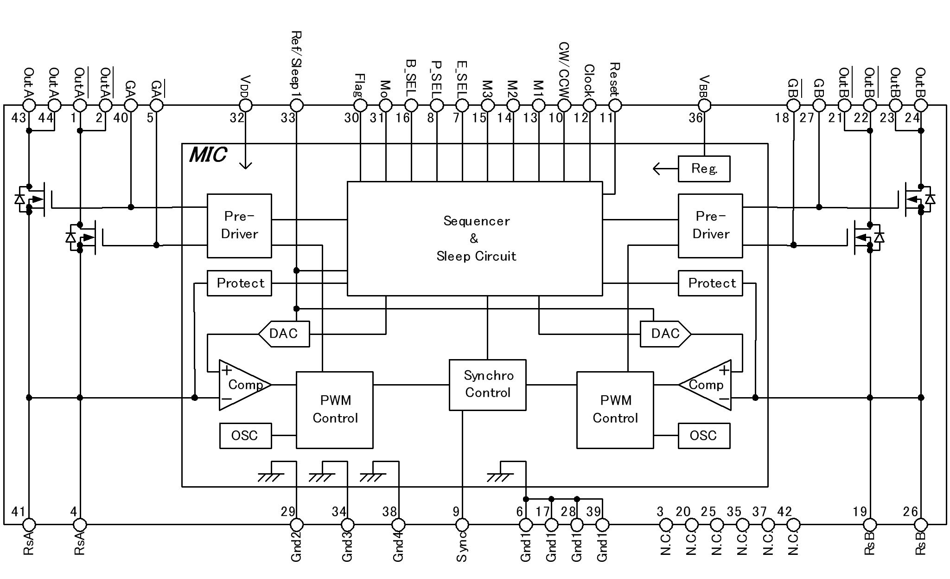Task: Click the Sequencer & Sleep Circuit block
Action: (x=475, y=238)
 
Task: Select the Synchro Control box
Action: (x=487, y=385)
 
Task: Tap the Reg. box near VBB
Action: (x=704, y=168)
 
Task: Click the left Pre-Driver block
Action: (x=239, y=225)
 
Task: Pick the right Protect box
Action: (x=710, y=283)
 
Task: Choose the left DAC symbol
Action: (x=284, y=334)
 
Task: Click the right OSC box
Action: (x=704, y=436)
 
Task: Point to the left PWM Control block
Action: (x=335, y=410)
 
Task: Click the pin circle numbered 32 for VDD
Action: (x=246, y=105)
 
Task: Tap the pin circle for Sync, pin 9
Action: (x=462, y=525)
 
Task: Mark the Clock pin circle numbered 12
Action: (x=589, y=105)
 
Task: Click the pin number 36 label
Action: (x=695, y=118)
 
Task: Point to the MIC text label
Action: (x=208, y=154)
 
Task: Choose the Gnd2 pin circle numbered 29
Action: (x=297, y=525)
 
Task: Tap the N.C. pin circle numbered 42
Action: (x=793, y=525)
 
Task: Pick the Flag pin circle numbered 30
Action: (x=360, y=105)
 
